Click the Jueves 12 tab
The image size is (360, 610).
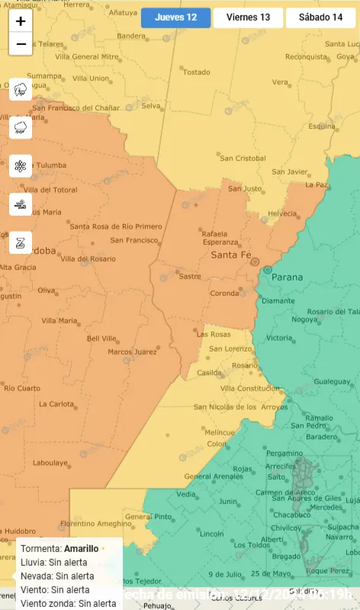click(x=175, y=18)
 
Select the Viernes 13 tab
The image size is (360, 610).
click(x=248, y=18)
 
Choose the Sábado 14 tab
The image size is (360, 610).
click(x=320, y=18)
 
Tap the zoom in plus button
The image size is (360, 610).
click(x=21, y=21)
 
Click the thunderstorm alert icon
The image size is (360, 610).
click(x=21, y=90)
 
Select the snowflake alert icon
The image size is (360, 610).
click(x=21, y=165)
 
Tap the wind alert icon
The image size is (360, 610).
click(x=21, y=204)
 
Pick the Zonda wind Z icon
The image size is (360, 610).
click(x=21, y=242)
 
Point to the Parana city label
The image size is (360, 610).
click(x=287, y=278)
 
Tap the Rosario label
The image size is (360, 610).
click(x=245, y=365)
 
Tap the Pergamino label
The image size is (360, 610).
click(x=284, y=453)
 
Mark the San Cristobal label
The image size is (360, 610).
click(x=243, y=159)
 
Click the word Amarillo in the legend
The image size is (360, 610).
click(x=81, y=548)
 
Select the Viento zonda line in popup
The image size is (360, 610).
click(x=69, y=603)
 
